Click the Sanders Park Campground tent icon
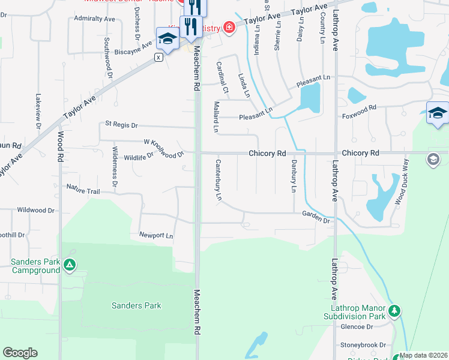(x=70, y=265)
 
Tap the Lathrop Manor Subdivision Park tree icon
(x=394, y=311)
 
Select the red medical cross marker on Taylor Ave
(x=228, y=28)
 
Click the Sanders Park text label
(x=136, y=305)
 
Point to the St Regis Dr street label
(x=121, y=125)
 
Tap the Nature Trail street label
(x=83, y=190)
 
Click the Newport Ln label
(x=156, y=235)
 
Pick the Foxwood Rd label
(x=359, y=112)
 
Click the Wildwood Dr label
(x=36, y=210)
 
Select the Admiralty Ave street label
(x=94, y=19)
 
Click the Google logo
(x=20, y=353)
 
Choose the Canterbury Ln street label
(x=218, y=179)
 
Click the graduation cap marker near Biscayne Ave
(x=167, y=39)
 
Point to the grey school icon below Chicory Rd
(x=433, y=160)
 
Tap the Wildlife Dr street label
(x=139, y=157)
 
